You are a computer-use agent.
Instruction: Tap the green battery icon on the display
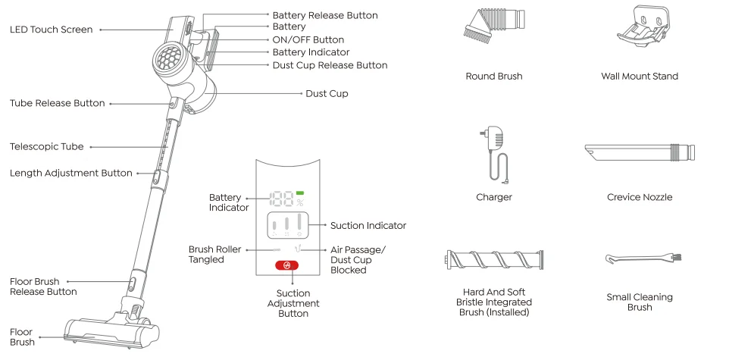pyautogui.click(x=299, y=193)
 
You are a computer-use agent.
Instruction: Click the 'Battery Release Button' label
pyautogui.click(x=324, y=15)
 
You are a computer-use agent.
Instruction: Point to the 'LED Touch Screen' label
pyautogui.click(x=51, y=30)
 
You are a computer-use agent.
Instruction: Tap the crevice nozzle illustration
pyautogui.click(x=639, y=152)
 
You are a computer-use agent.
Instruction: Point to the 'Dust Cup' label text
pyautogui.click(x=327, y=93)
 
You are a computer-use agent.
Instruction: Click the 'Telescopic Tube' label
pyautogui.click(x=46, y=146)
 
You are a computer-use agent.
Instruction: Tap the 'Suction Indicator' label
pyautogui.click(x=368, y=225)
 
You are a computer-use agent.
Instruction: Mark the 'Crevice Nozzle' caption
pyautogui.click(x=639, y=197)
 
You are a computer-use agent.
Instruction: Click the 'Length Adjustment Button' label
pyautogui.click(x=70, y=173)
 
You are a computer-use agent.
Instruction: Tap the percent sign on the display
pyautogui.click(x=299, y=203)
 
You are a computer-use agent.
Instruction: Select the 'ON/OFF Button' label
pyautogui.click(x=308, y=39)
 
